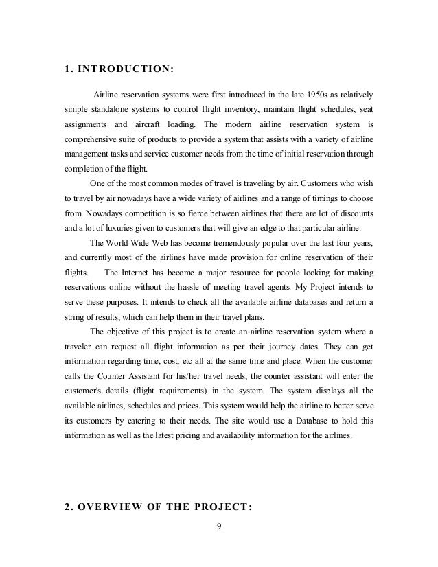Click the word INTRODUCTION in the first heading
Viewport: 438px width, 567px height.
click(124, 69)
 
